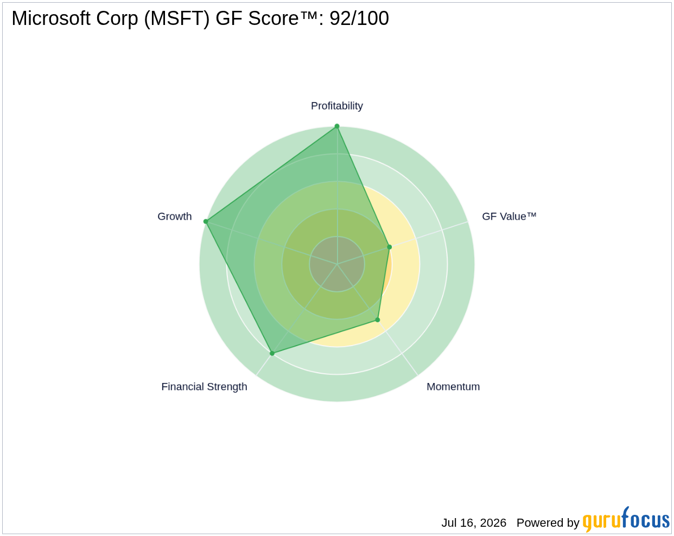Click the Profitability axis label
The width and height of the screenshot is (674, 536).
[336, 106]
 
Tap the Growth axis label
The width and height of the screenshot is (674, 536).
[174, 216]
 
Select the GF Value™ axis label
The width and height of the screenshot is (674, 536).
[509, 216]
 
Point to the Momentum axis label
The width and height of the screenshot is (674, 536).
[453, 387]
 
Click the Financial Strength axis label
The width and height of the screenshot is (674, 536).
[204, 387]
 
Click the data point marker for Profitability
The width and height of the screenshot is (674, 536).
[337, 126]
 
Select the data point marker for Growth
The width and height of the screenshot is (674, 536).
[206, 221]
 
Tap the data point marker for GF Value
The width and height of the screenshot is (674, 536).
[390, 247]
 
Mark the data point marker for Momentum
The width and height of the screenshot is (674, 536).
[378, 320]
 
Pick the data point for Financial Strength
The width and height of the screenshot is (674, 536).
[272, 353]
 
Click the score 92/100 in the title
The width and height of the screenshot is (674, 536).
[359, 18]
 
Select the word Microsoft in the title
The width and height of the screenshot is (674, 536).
[51, 18]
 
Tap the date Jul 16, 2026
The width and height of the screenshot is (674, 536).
[474, 522]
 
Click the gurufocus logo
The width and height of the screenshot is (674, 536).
[626, 519]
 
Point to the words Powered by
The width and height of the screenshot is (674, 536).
[548, 523]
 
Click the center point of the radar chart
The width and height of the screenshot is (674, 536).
[337, 264]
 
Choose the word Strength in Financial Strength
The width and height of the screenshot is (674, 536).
[227, 387]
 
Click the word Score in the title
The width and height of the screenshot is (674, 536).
[274, 18]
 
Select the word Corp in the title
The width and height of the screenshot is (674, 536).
[117, 19]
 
